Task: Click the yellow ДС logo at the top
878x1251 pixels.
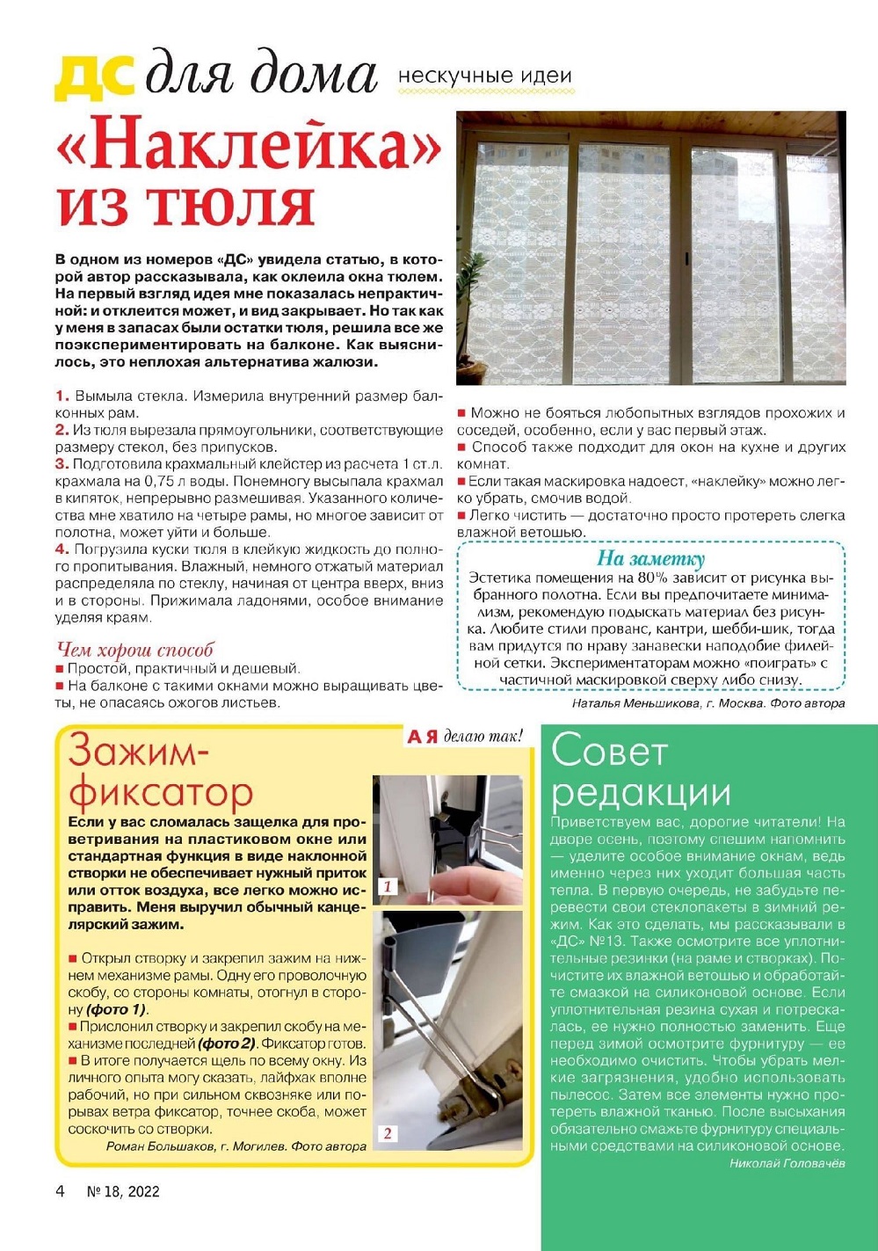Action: [94, 76]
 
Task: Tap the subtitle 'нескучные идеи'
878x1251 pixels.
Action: [484, 76]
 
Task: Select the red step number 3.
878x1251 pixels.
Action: [62, 464]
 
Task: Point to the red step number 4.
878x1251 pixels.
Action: [62, 549]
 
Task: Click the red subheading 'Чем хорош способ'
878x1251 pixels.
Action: [134, 651]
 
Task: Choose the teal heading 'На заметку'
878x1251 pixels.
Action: [650, 559]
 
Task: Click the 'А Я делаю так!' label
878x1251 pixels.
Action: [465, 737]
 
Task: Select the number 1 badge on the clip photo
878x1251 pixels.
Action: [388, 886]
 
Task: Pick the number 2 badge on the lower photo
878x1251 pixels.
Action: [388, 1133]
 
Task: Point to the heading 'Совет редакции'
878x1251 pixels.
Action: [640, 772]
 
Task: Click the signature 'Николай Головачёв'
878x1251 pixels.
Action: [787, 1163]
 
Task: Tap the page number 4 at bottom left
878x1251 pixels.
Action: [60, 1191]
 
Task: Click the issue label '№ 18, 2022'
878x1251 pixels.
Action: [123, 1191]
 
